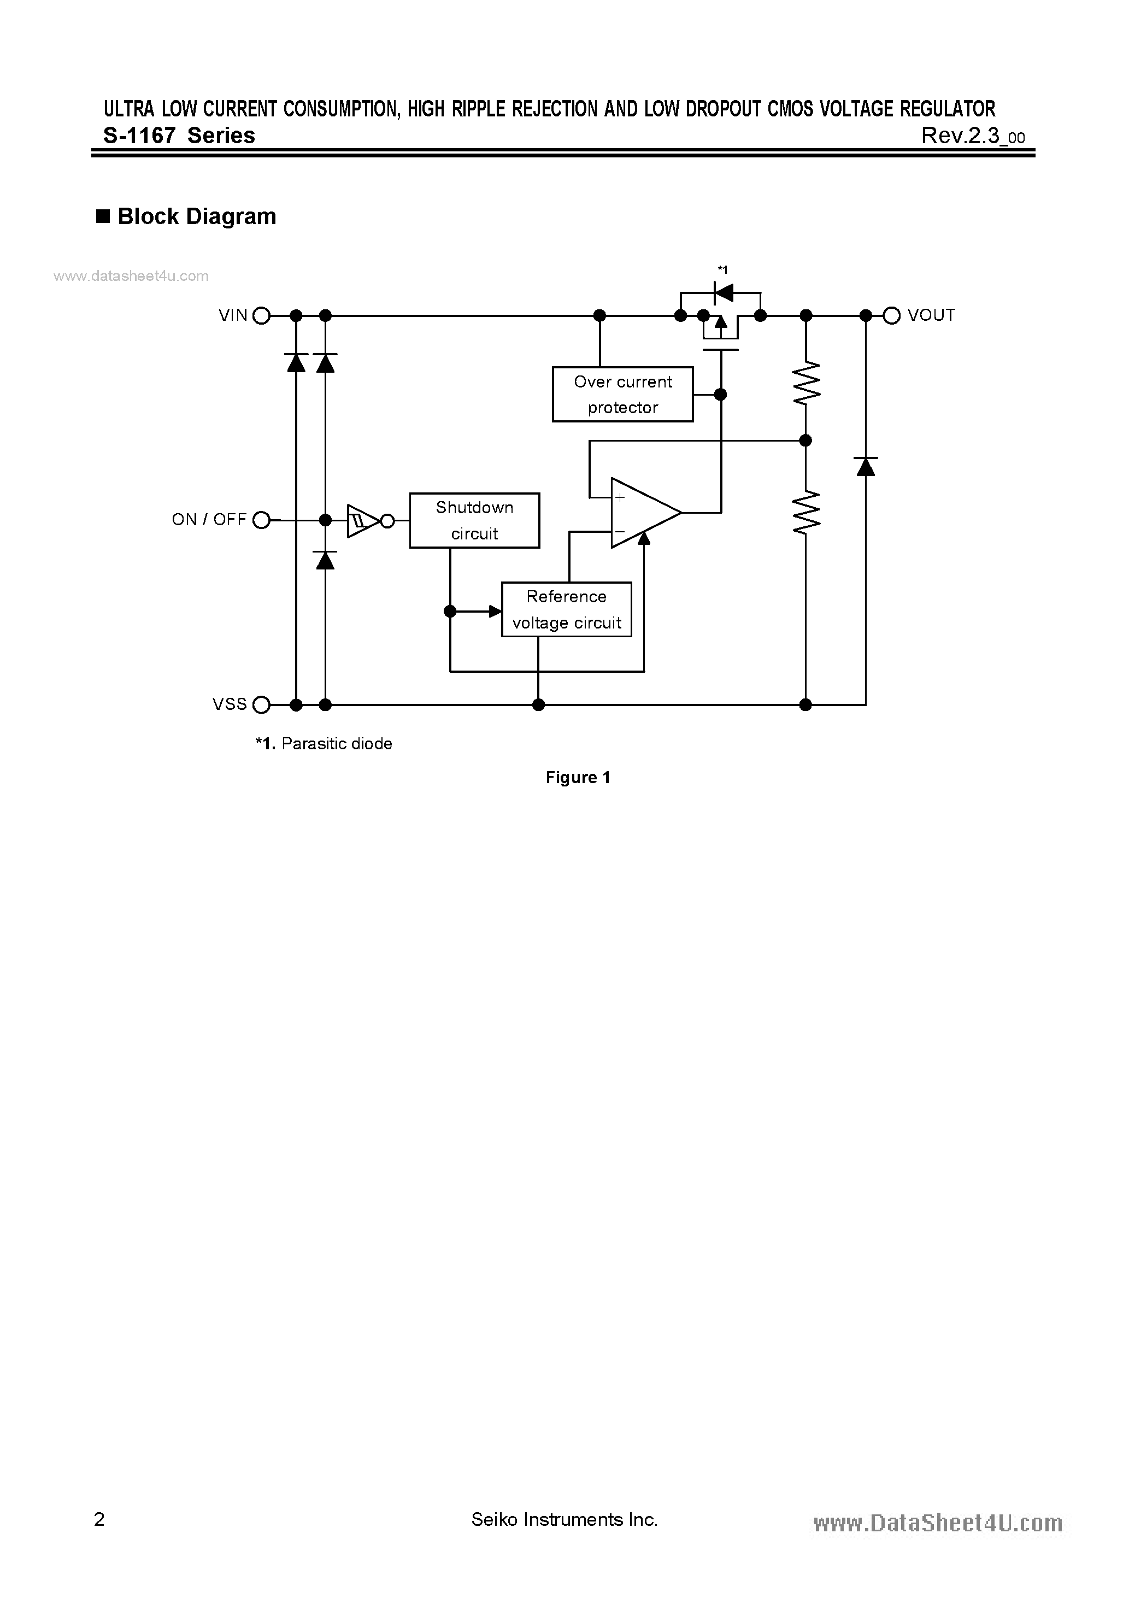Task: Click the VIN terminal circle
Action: [261, 316]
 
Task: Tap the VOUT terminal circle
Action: [892, 316]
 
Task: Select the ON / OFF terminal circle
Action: [261, 520]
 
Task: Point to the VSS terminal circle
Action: [261, 705]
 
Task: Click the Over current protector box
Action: [622, 395]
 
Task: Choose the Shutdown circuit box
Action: [474, 521]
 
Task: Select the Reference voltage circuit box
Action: [566, 610]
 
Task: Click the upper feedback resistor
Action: [806, 383]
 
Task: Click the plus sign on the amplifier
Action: [620, 498]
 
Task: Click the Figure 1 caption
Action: [578, 778]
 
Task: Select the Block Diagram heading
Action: [196, 216]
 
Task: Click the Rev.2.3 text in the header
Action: [972, 136]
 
